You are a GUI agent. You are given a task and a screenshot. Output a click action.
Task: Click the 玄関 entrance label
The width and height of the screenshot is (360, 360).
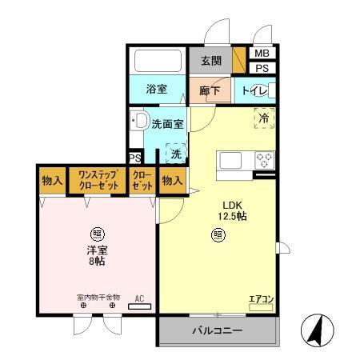(210, 61)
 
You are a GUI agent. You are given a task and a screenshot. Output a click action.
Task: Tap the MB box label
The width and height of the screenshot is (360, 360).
(262, 54)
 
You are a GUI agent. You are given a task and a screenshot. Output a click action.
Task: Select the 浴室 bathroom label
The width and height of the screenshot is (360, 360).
(156, 89)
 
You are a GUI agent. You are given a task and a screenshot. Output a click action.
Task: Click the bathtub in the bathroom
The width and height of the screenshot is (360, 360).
(157, 62)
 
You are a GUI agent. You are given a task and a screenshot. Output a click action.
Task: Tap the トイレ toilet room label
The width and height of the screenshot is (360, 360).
(254, 90)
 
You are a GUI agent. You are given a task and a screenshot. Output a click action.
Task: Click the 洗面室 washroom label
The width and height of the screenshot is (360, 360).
(168, 124)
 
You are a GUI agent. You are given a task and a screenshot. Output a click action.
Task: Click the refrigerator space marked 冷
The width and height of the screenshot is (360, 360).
(263, 118)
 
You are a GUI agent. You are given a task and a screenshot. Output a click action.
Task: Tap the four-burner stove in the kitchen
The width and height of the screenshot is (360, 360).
(263, 160)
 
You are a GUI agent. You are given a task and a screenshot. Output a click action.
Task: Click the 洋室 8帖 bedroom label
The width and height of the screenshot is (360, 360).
(97, 254)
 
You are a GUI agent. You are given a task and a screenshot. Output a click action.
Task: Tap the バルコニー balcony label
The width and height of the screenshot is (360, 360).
(217, 330)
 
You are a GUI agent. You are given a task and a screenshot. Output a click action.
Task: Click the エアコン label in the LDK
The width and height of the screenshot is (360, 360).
(261, 299)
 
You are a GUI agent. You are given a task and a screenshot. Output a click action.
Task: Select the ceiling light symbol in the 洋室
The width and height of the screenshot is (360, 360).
(97, 234)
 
